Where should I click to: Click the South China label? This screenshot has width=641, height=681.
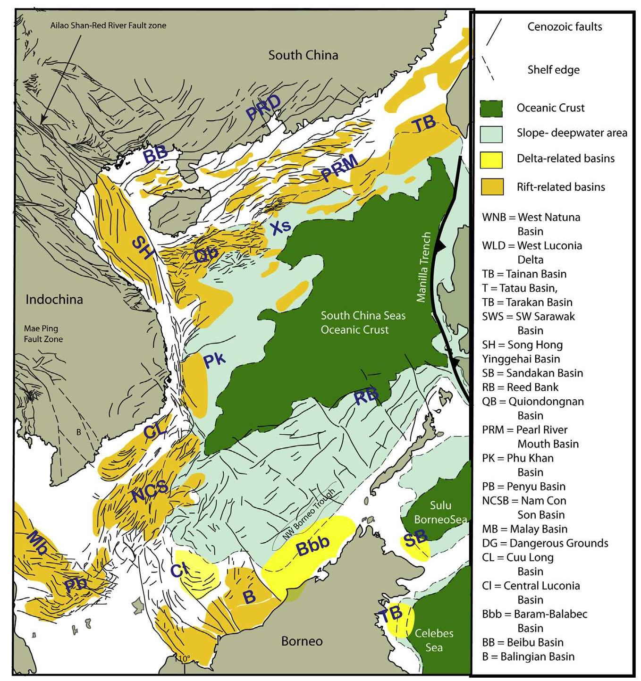(x=303, y=55)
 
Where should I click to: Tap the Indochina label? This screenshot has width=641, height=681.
(x=54, y=299)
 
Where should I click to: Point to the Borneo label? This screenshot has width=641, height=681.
(x=302, y=641)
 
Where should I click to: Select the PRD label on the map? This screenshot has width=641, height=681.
(x=263, y=109)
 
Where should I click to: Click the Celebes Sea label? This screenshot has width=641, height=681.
(x=434, y=640)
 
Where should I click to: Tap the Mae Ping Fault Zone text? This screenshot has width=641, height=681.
(x=43, y=334)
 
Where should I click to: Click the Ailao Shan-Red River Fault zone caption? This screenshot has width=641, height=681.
(x=108, y=25)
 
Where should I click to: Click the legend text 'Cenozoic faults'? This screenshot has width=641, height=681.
(x=565, y=26)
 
